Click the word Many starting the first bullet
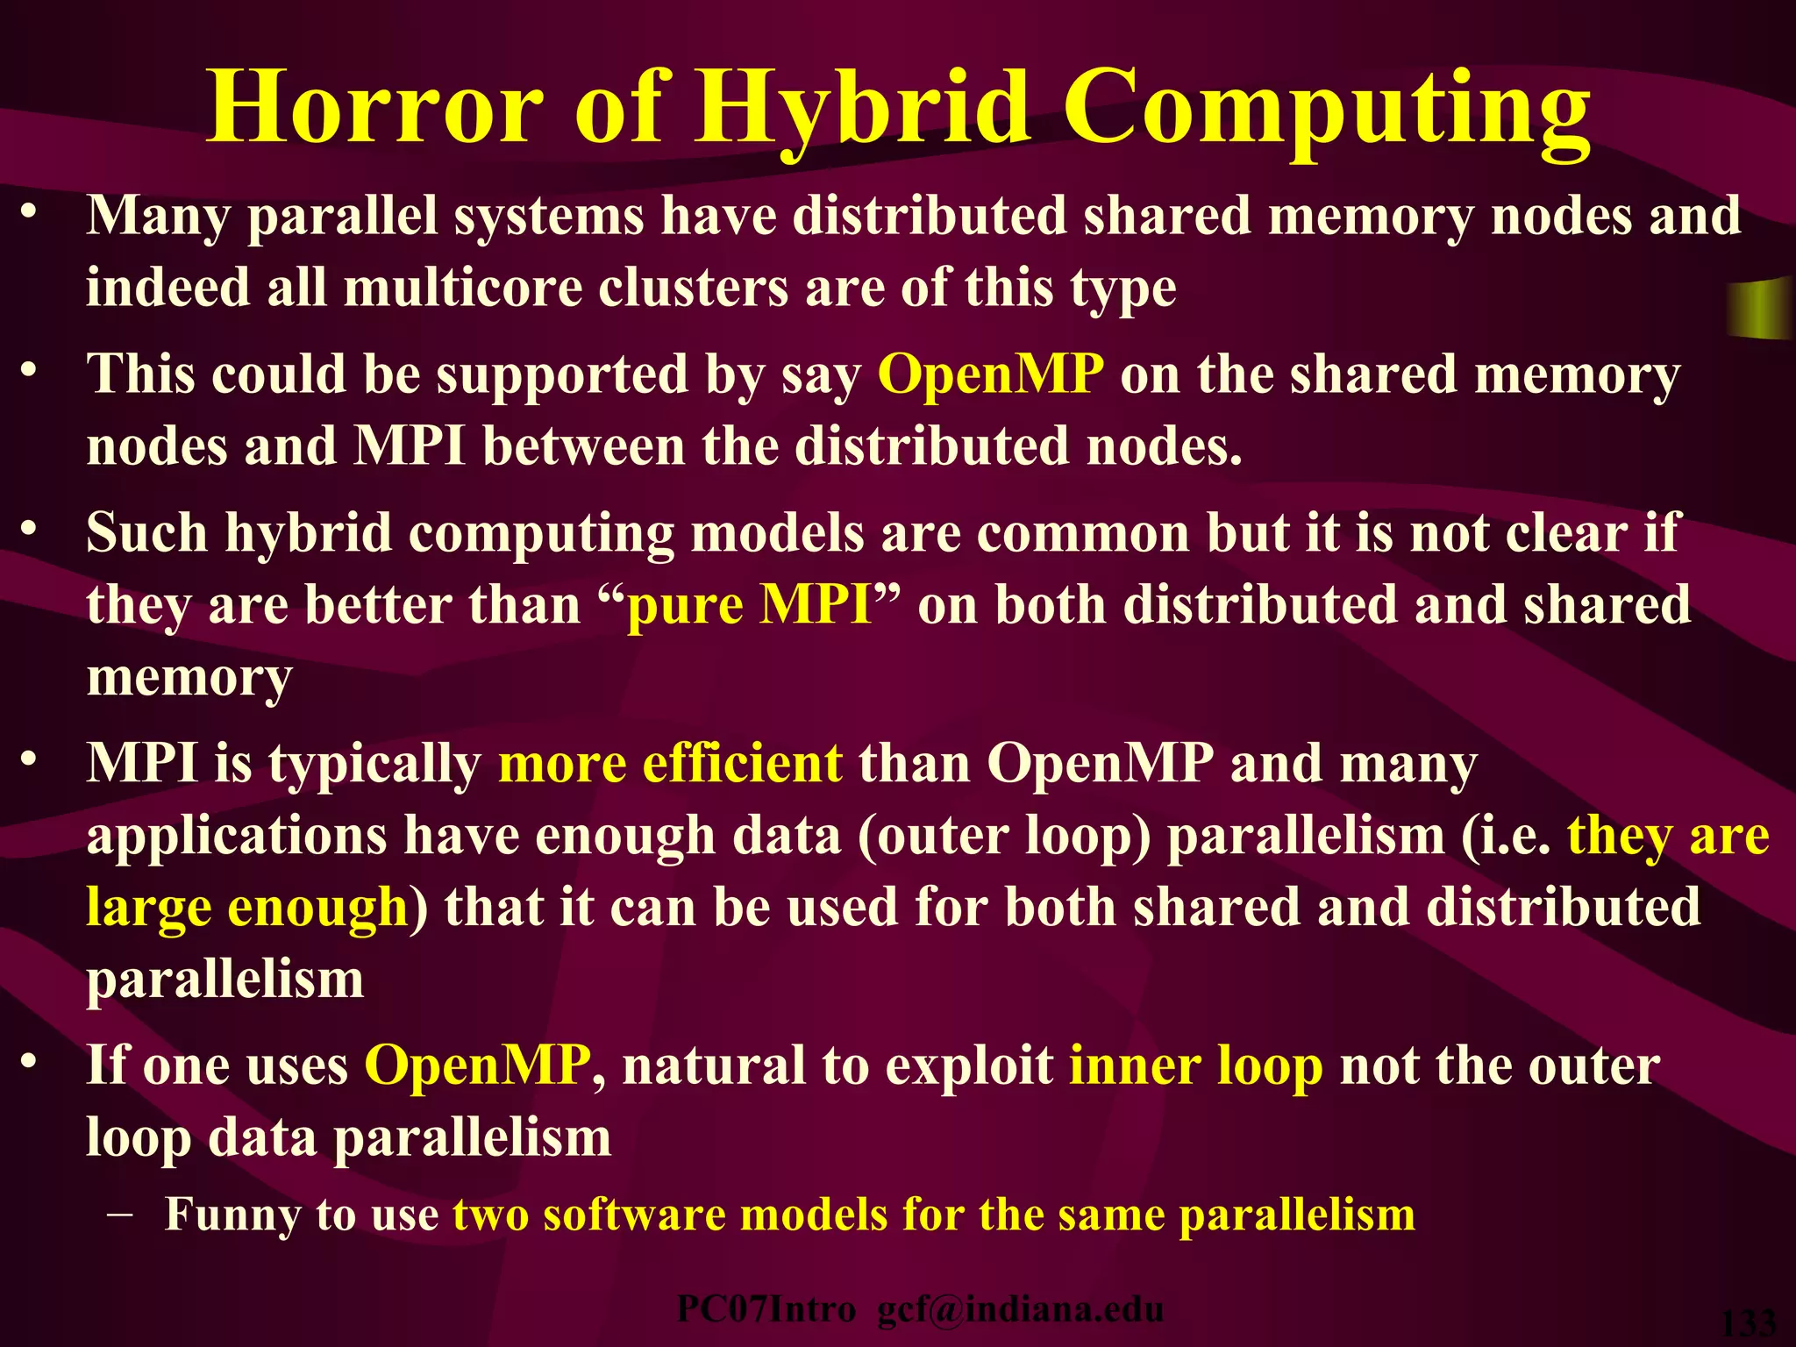point(159,217)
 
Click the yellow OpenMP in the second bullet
point(990,374)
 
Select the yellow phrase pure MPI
point(750,605)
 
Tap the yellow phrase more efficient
point(670,764)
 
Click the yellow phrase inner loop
point(1195,1066)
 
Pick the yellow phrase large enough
point(247,907)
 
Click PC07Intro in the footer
point(766,1309)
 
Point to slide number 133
point(1749,1323)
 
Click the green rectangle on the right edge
point(1761,308)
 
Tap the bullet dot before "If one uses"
point(30,1062)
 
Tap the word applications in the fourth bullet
point(236,836)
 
